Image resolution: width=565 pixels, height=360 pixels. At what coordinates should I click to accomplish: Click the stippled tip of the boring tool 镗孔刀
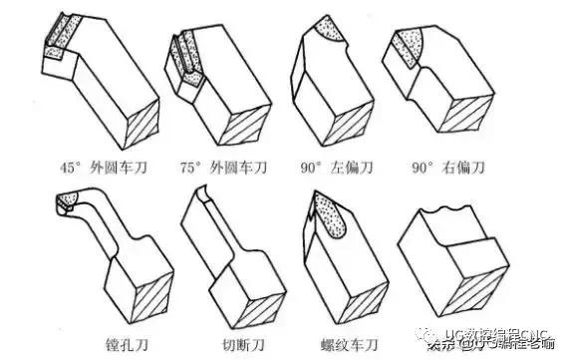pos(68,204)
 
